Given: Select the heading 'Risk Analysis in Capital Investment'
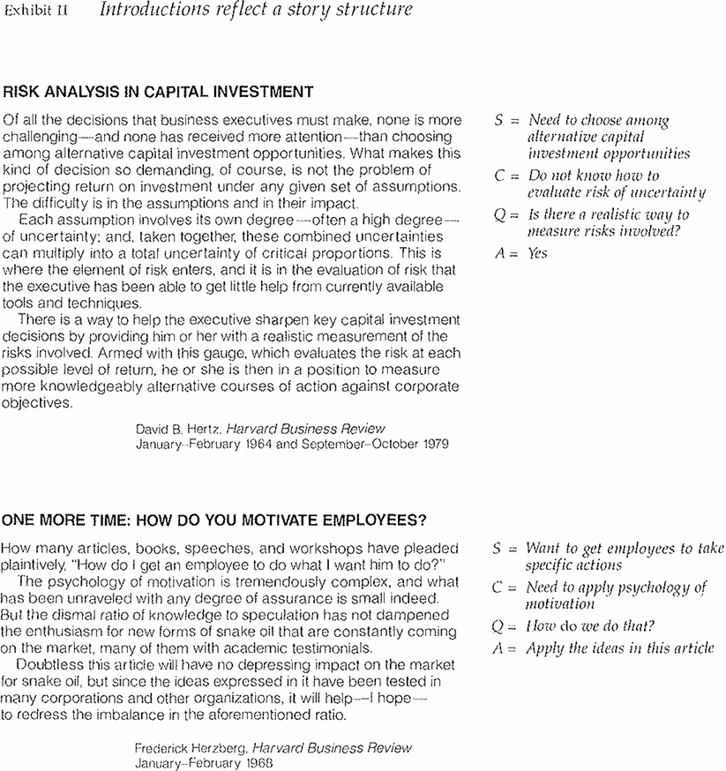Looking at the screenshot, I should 159,91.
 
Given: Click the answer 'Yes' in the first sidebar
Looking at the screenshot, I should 537,253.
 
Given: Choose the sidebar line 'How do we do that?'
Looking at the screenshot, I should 590,626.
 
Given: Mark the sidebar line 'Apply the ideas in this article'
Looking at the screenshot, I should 619,648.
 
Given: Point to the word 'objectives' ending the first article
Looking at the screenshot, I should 36,403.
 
